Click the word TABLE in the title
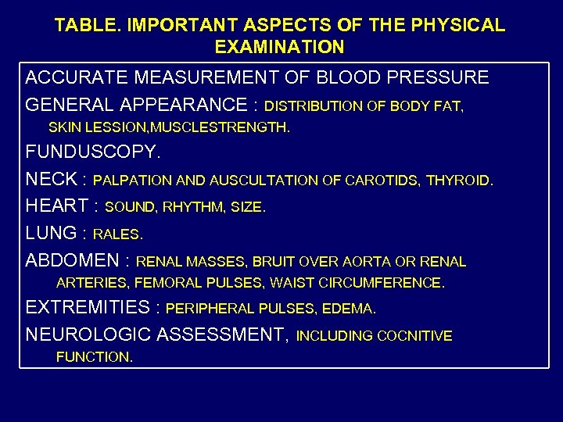click(x=81, y=25)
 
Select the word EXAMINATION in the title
click(x=279, y=47)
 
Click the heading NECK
click(x=52, y=179)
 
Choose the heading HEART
click(x=57, y=206)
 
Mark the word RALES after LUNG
click(x=118, y=234)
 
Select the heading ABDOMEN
click(x=74, y=260)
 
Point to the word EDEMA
click(x=347, y=309)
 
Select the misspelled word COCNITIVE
click(x=414, y=336)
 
